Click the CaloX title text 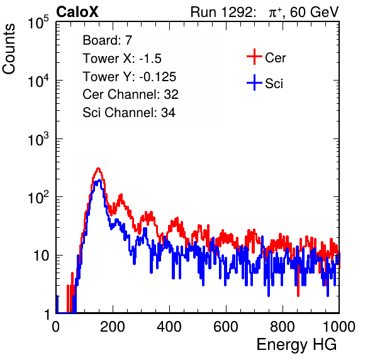tap(77, 12)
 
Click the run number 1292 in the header tap(237, 12)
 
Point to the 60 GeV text tap(314, 12)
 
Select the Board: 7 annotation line tap(108, 40)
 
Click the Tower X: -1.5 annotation tap(122, 59)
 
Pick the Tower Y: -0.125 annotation tap(130, 77)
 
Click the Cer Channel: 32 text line tap(130, 94)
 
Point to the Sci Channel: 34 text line tap(129, 113)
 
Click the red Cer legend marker tap(254, 57)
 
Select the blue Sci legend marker tap(254, 83)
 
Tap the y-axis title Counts tap(9, 49)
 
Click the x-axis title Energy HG tap(296, 345)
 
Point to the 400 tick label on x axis tap(169, 327)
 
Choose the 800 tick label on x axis tap(283, 327)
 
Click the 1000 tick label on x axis tap(339, 327)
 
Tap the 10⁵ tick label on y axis tap(39, 22)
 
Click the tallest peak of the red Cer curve tap(98, 169)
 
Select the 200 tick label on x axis tap(113, 327)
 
